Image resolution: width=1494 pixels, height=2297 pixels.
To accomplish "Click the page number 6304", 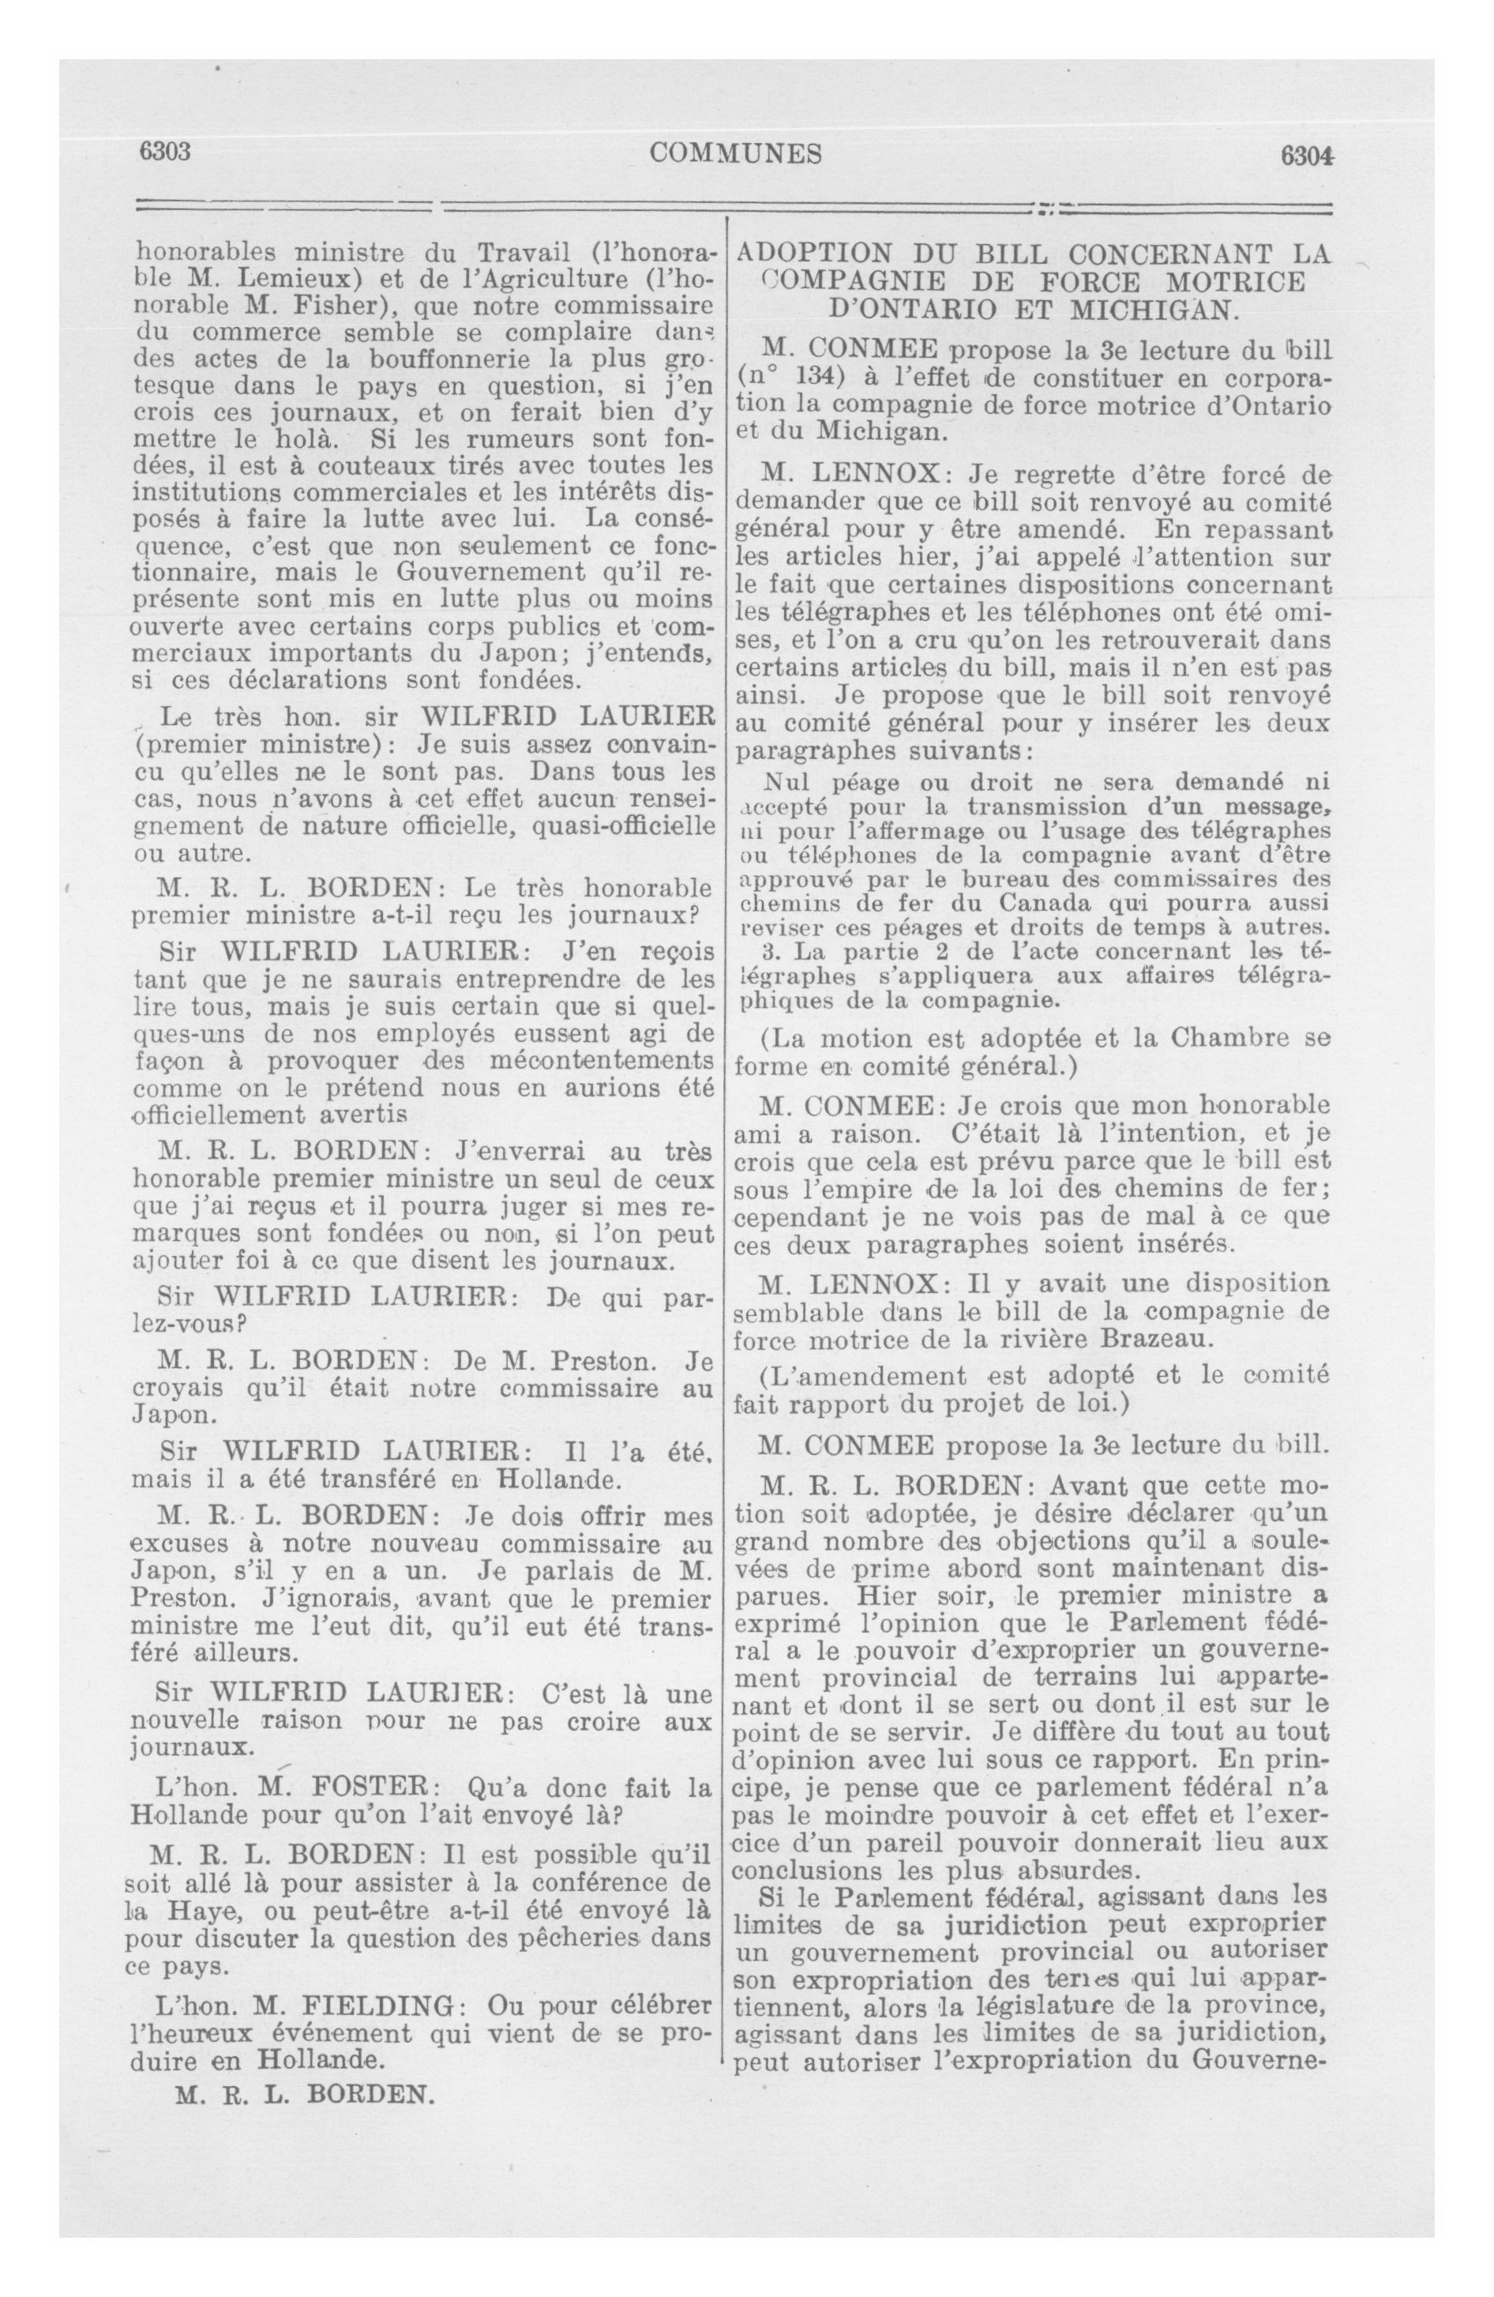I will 1306,154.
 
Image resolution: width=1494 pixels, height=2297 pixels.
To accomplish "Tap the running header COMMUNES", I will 737,153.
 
